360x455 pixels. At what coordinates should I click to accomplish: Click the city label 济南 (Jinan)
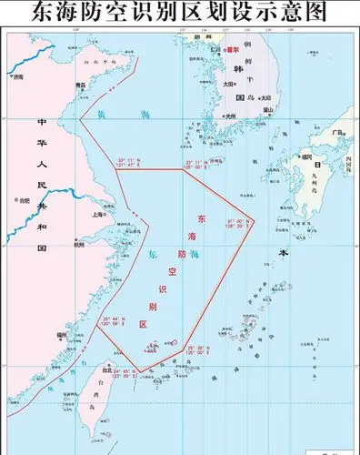pos(19,78)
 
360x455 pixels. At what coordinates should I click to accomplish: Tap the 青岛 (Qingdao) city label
pos(81,86)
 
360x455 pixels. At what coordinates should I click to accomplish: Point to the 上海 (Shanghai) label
pos(97,215)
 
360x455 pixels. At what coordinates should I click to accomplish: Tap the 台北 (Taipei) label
pos(106,370)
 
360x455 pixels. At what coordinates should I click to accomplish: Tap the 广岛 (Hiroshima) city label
pos(336,133)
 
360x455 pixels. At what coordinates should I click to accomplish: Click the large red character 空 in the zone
pos(170,270)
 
